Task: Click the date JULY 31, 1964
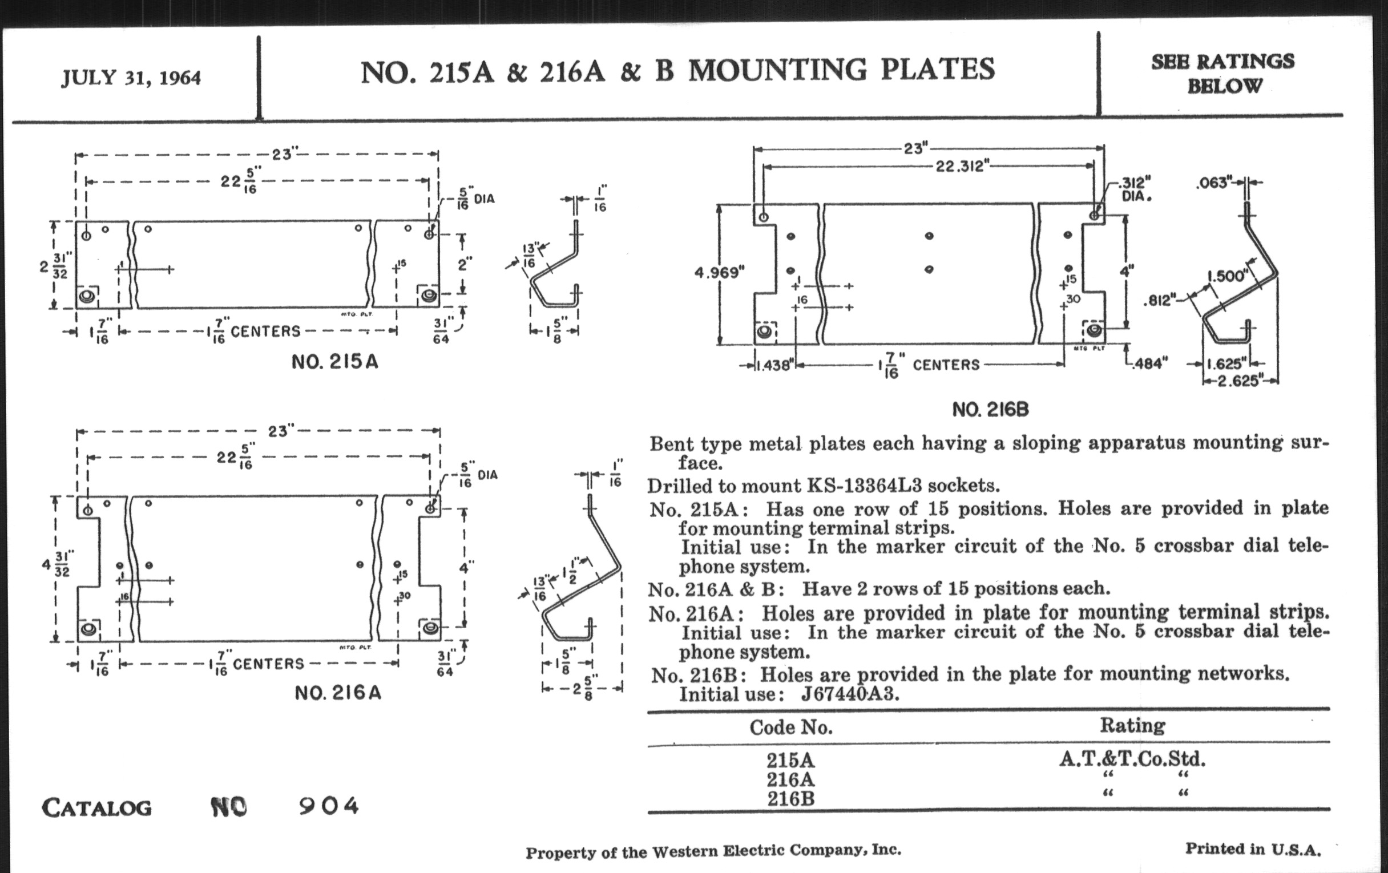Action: [x=131, y=77]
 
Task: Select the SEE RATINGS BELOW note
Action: [x=1223, y=73]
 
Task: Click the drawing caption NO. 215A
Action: [x=334, y=362]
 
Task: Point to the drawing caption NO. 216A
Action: [x=338, y=692]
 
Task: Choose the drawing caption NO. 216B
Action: [x=990, y=410]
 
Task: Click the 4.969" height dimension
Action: [x=719, y=272]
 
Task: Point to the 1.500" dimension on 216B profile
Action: [x=1227, y=276]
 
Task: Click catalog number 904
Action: [x=329, y=806]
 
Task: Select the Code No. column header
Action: [x=791, y=727]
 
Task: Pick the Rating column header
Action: [x=1132, y=725]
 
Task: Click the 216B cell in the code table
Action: [x=790, y=799]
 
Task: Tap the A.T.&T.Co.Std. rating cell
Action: [x=1132, y=758]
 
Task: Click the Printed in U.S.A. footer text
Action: [x=1253, y=849]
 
